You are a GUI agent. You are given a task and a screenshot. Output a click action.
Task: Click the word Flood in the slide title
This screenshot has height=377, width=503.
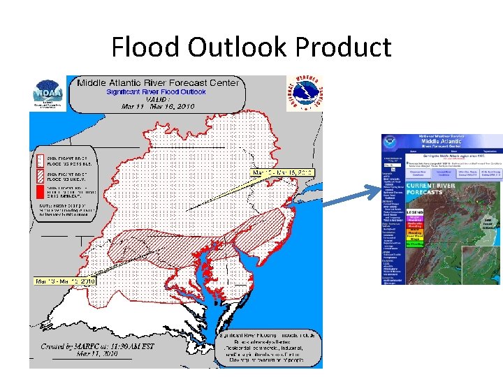click(146, 47)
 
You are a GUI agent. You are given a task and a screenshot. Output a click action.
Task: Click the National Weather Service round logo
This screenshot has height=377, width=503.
click(305, 94)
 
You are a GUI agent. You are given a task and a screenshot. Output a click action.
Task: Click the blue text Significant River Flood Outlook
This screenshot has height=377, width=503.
click(156, 91)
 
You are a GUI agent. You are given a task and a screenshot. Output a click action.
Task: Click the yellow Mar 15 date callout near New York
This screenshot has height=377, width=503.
click(282, 172)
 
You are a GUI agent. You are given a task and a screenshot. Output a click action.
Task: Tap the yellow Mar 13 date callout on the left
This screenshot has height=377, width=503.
click(64, 281)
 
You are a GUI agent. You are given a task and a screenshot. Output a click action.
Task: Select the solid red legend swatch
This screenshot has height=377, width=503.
click(41, 189)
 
